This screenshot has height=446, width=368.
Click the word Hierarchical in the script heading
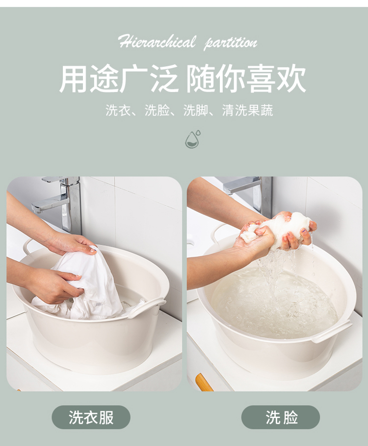click(x=157, y=42)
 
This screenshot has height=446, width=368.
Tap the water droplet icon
click(x=193, y=139)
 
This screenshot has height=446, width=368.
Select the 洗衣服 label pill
click(x=91, y=417)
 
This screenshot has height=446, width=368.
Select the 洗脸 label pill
click(x=281, y=417)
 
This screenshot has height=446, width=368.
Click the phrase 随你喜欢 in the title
click(x=246, y=78)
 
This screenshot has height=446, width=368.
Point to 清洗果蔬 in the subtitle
click(x=247, y=110)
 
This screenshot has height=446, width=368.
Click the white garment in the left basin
click(x=85, y=284)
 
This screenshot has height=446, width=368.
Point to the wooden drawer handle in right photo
click(x=204, y=382)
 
